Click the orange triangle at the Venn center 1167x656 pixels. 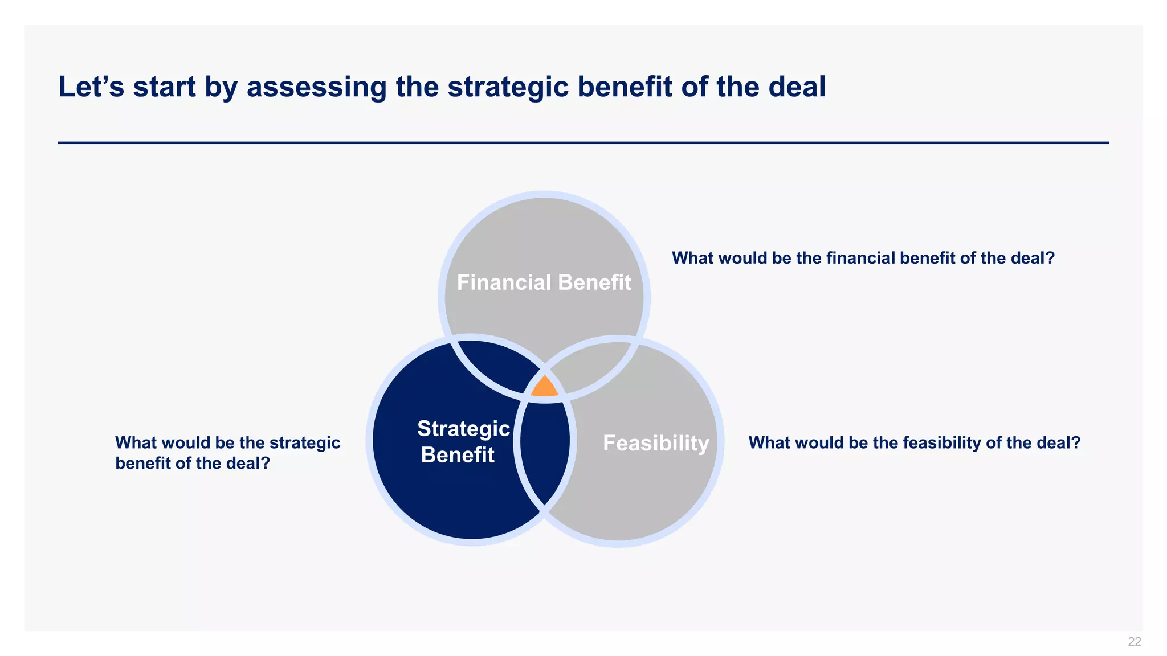pyautogui.click(x=544, y=387)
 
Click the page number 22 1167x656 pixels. pyautogui.click(x=1134, y=642)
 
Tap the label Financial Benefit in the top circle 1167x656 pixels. pyautogui.click(x=544, y=282)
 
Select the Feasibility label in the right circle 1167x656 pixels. pyautogui.click(x=655, y=443)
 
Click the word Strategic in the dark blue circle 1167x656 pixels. pyautogui.click(x=463, y=428)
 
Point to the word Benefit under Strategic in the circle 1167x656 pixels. pyautogui.click(x=458, y=455)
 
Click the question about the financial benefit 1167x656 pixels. pyautogui.click(x=863, y=258)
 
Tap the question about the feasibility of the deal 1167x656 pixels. pyautogui.click(x=914, y=442)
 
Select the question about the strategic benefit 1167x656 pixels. pyautogui.click(x=227, y=453)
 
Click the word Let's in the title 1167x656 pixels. pyautogui.click(x=91, y=87)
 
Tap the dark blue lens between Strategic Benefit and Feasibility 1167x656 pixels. pyautogui.click(x=545, y=450)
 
